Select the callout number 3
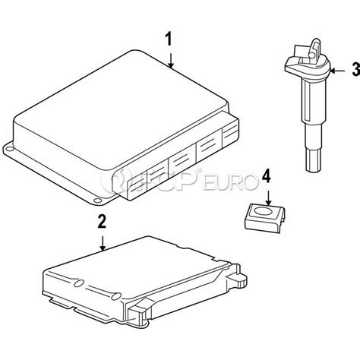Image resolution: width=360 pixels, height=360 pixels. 354,71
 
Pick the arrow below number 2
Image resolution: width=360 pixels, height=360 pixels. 103,241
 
